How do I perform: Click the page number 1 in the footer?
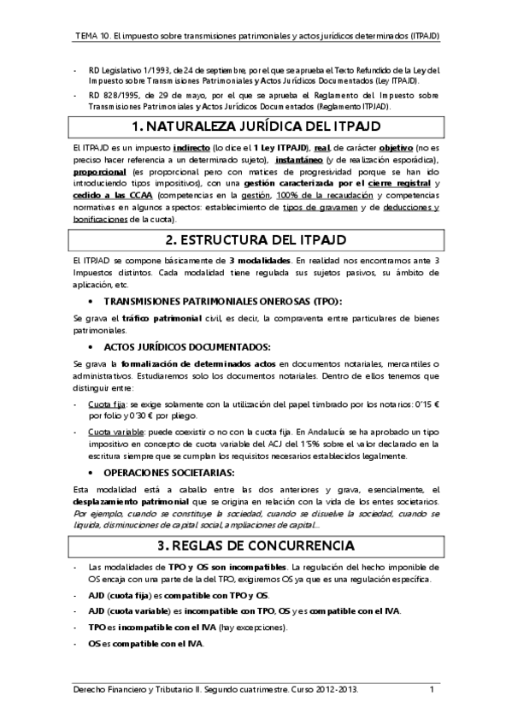click(432, 689)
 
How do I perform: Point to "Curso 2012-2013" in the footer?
click(321, 689)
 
